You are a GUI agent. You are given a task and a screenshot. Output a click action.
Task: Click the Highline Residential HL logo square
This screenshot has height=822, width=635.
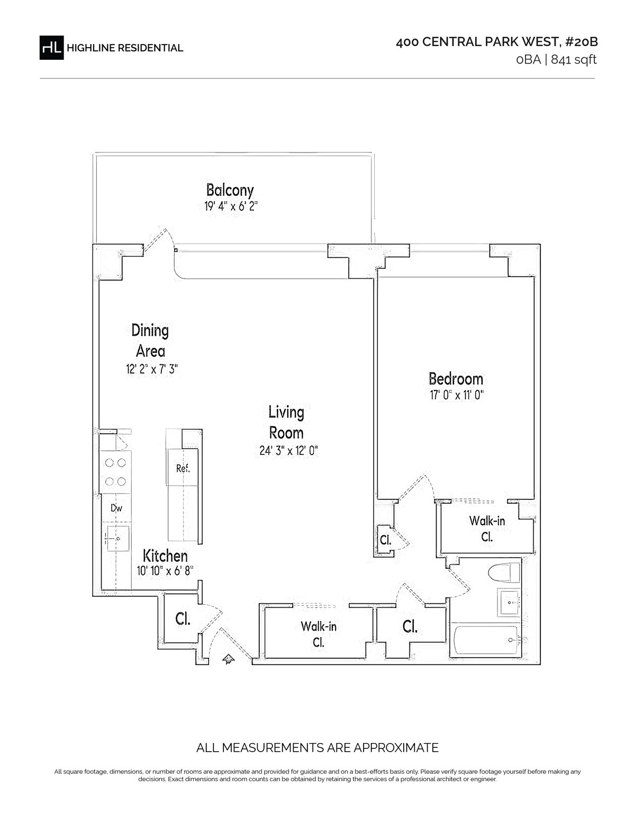(x=51, y=48)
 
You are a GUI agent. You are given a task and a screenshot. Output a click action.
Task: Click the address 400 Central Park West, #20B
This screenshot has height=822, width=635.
(x=497, y=42)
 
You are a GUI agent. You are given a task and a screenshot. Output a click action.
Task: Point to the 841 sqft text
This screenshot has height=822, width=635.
(x=574, y=59)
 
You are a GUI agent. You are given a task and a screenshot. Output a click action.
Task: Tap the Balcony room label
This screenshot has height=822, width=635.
(x=230, y=190)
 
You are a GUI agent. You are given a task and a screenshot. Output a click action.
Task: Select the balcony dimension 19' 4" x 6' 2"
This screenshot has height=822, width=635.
(x=231, y=206)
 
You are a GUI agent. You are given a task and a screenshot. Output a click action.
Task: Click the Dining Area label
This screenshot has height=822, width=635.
(x=150, y=341)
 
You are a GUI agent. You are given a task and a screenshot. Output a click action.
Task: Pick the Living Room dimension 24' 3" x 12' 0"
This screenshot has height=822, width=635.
(x=288, y=451)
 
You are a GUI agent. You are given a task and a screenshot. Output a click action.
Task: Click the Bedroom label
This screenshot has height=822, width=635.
(x=456, y=379)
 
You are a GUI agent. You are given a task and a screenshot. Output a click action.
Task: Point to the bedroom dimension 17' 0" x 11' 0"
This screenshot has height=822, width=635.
(x=457, y=395)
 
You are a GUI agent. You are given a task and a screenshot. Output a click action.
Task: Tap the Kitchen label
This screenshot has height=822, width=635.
(x=165, y=556)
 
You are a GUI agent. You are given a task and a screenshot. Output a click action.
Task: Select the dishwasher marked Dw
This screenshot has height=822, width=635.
(x=116, y=507)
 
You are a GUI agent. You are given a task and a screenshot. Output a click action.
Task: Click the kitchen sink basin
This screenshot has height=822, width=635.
(x=118, y=538)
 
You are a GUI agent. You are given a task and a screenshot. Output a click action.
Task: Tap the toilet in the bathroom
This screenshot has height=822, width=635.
(x=504, y=573)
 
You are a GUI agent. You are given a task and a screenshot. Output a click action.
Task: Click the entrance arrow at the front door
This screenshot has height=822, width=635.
(x=228, y=659)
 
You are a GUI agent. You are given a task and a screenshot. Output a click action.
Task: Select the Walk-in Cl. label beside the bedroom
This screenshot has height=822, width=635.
(x=487, y=529)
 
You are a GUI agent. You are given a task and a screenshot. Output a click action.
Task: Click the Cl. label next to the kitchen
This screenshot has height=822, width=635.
(x=183, y=619)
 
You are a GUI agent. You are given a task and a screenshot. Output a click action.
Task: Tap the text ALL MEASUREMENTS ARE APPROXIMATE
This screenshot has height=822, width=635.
(x=317, y=748)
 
